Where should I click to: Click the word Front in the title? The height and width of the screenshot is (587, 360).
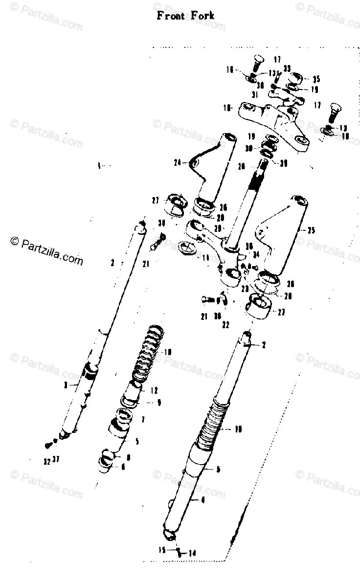click(171, 16)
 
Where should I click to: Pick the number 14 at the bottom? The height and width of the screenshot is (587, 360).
click(192, 553)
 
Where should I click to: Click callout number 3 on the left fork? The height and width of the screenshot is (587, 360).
click(65, 385)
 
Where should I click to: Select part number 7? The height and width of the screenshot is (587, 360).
click(143, 420)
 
